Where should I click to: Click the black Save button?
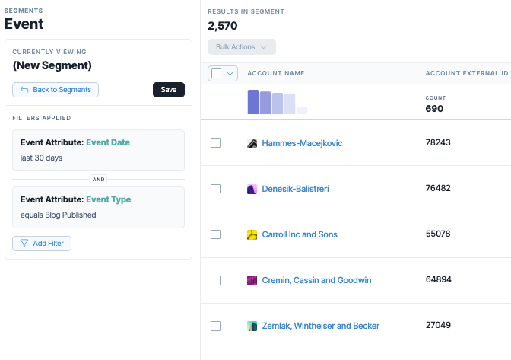169,90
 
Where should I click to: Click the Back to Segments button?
56,90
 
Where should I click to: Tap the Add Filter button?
42,244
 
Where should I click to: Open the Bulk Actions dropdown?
242,47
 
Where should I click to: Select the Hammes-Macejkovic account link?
302,143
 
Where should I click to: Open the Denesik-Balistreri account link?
295,189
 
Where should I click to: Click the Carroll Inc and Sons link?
300,234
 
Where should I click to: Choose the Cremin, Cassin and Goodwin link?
316,280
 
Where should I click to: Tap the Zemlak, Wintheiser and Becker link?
321,326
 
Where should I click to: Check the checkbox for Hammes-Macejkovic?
215,143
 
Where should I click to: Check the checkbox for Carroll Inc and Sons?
215,234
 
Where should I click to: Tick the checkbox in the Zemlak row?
215,326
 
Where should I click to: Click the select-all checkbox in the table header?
217,73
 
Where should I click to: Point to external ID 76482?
438,188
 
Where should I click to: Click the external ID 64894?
438,279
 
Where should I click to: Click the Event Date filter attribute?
108,142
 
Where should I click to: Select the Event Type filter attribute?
109,199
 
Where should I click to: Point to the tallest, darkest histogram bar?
253,102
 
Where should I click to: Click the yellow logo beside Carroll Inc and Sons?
252,234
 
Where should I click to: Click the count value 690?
434,109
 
